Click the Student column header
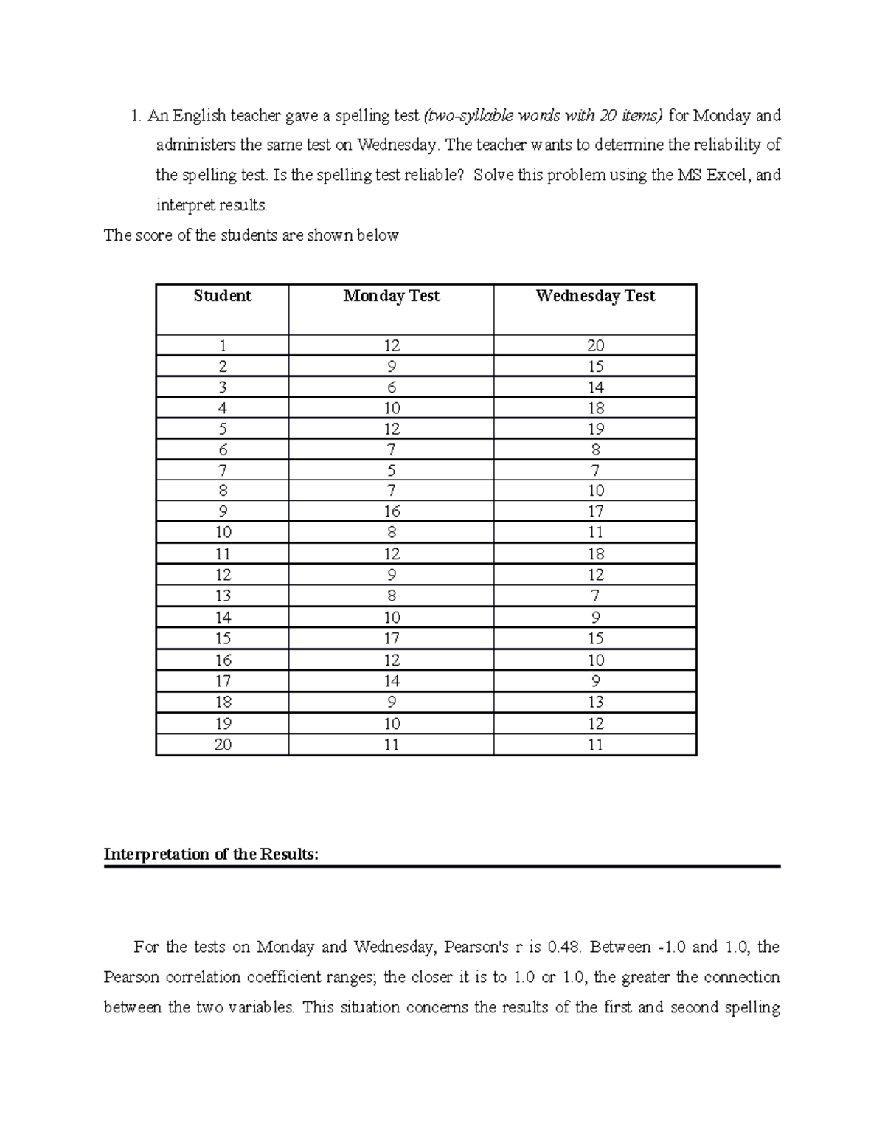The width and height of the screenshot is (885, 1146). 222,296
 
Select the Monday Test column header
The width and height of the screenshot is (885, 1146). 391,296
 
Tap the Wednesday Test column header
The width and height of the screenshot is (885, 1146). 595,296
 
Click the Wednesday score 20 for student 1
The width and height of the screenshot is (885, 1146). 595,345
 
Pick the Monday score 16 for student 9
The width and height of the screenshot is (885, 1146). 391,511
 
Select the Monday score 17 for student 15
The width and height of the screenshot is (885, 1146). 391,638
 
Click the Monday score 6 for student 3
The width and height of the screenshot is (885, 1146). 391,387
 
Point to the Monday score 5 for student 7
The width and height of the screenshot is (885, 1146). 391,470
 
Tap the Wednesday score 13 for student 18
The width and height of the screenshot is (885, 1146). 595,702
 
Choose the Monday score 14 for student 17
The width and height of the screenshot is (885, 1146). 391,681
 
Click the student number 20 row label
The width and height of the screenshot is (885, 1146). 222,745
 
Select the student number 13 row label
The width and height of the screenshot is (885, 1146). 222,596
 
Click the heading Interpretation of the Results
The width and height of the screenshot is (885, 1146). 212,855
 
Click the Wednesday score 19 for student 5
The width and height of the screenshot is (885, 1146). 595,429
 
